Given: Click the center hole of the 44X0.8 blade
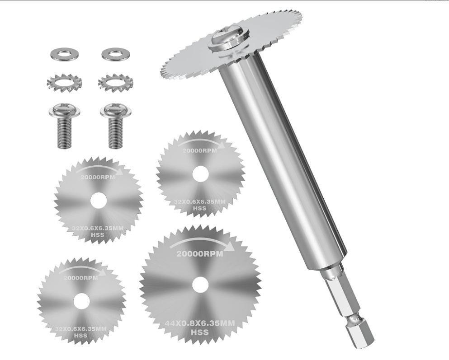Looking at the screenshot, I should [x=200, y=283].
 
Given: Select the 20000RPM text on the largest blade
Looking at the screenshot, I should [x=200, y=254].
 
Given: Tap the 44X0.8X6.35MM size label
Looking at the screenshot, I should [x=200, y=323].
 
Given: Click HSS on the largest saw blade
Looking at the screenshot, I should [x=200, y=332].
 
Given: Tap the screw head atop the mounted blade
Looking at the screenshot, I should [x=229, y=37].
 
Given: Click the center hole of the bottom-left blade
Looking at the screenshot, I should [x=80, y=301].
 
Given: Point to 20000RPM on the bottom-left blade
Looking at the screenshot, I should [x=80, y=278].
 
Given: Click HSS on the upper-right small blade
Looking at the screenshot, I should [x=199, y=208].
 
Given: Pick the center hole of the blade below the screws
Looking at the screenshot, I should [x=98, y=200].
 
